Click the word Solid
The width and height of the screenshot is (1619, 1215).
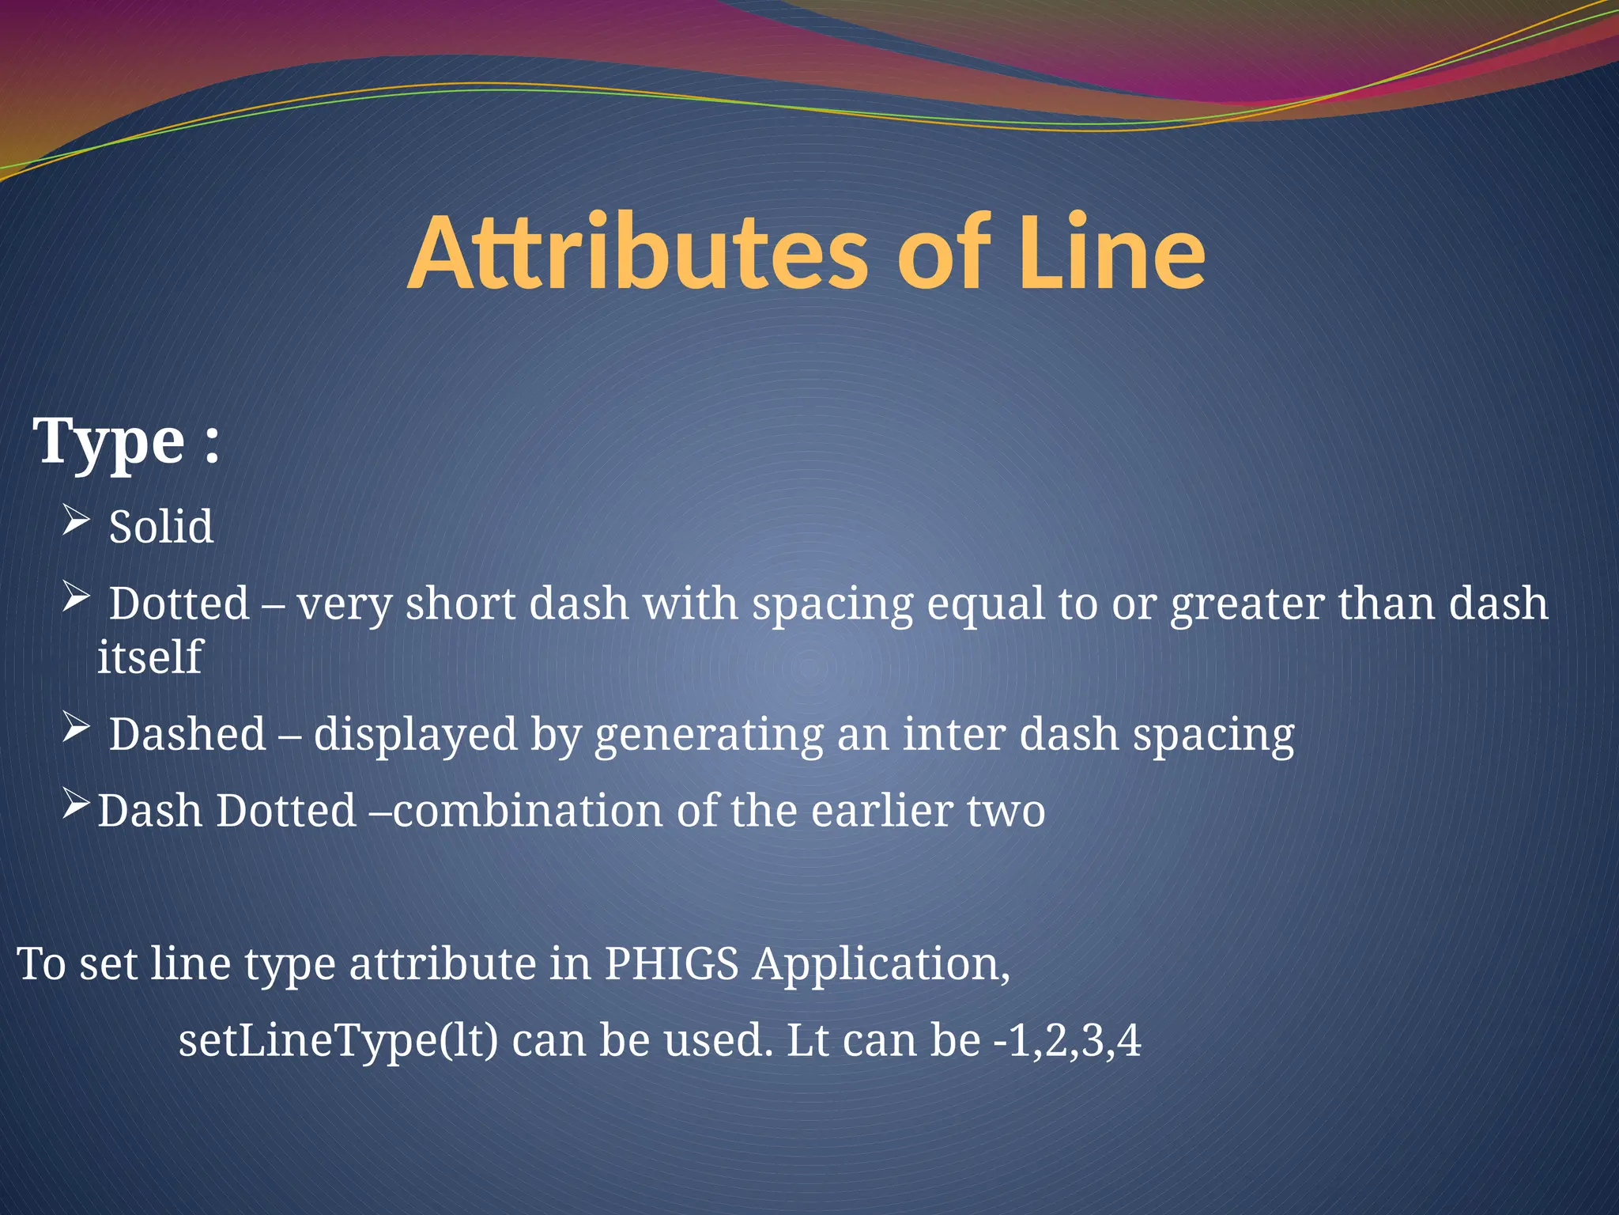coord(161,527)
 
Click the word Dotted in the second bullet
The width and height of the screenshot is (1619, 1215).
coord(179,604)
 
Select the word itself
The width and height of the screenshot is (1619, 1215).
coord(149,657)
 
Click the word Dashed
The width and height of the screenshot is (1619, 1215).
coord(187,734)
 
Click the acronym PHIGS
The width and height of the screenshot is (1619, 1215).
coord(671,964)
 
